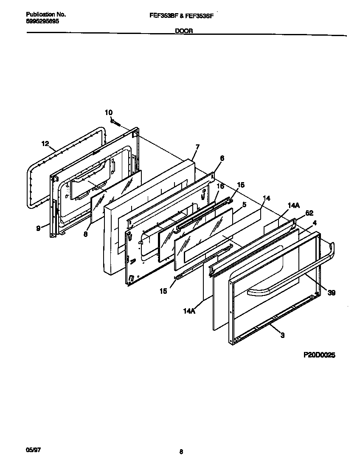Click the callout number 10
109,112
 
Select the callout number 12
45,143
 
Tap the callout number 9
38,228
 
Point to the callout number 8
85,234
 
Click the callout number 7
197,147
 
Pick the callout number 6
222,158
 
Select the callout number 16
220,186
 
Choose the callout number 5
244,204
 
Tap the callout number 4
314,222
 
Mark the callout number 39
331,293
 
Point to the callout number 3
282,335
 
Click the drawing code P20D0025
319,356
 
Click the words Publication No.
40,14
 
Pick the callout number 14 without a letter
266,198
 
